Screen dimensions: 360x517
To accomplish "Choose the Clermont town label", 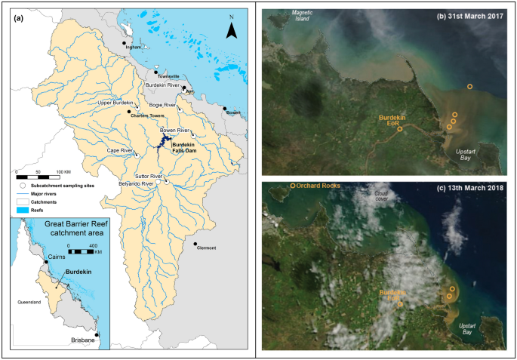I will [x=205, y=248].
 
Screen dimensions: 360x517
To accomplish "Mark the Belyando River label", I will [x=136, y=183].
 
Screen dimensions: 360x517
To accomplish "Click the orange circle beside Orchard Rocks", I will [x=293, y=186].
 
